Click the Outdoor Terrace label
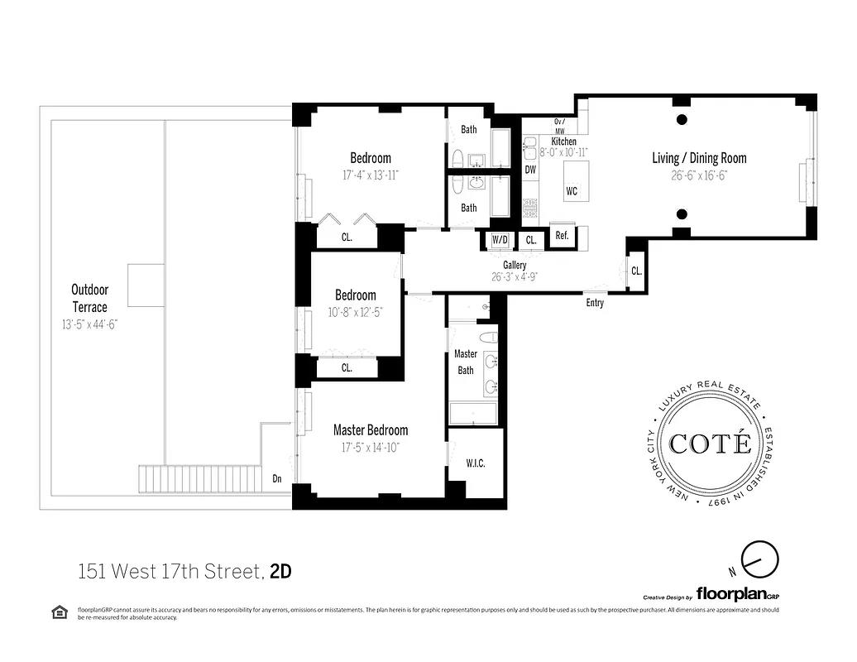[x=89, y=298]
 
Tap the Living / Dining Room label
[x=699, y=158]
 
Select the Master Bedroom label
[x=371, y=430]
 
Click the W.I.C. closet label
[x=475, y=463]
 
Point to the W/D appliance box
[x=500, y=239]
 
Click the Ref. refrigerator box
[x=562, y=236]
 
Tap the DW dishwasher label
[x=530, y=170]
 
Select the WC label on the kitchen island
[x=572, y=191]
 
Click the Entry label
[x=595, y=303]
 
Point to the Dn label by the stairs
[x=277, y=478]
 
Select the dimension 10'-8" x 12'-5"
[x=355, y=312]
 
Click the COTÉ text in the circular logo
[x=711, y=444]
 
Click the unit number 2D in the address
[x=281, y=571]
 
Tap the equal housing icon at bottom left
[x=59, y=612]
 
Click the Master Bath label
[x=466, y=362]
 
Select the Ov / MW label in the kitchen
[x=559, y=127]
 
